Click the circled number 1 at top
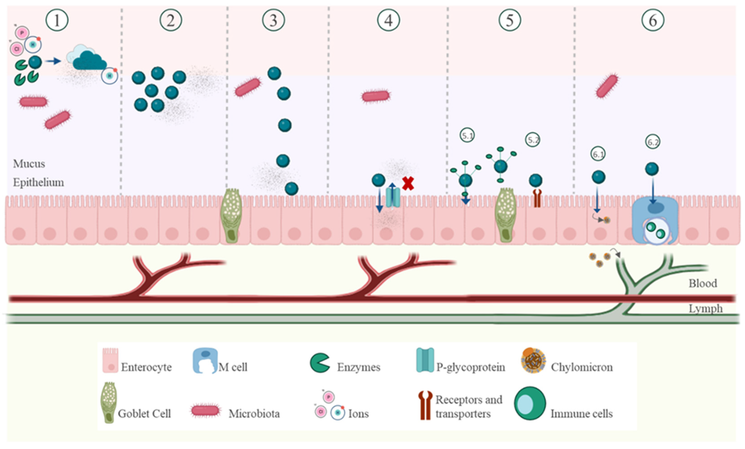(57, 20)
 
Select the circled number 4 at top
(388, 20)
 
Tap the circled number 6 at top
(653, 20)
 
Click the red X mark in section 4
(408, 183)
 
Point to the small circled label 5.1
(467, 136)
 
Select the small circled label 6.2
(653, 142)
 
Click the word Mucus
(29, 164)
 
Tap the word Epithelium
(38, 182)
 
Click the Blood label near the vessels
(703, 283)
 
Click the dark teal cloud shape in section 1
(89, 61)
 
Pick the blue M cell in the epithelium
(655, 219)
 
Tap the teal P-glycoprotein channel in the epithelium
(393, 198)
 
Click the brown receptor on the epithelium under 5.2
(537, 198)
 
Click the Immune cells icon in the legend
(530, 404)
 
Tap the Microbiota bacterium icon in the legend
(205, 411)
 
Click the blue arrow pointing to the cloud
(53, 61)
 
